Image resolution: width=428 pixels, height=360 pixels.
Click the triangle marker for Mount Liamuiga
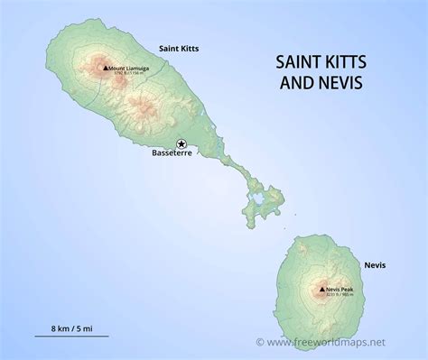coord(105,68)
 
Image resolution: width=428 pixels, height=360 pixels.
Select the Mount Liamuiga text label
coord(129,68)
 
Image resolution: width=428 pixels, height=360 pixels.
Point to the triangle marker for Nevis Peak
coord(321,290)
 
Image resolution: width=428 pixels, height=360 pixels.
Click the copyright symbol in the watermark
coord(261,343)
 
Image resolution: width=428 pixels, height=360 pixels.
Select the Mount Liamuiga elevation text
coord(126,74)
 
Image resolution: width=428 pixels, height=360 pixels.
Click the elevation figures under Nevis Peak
coord(340,296)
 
